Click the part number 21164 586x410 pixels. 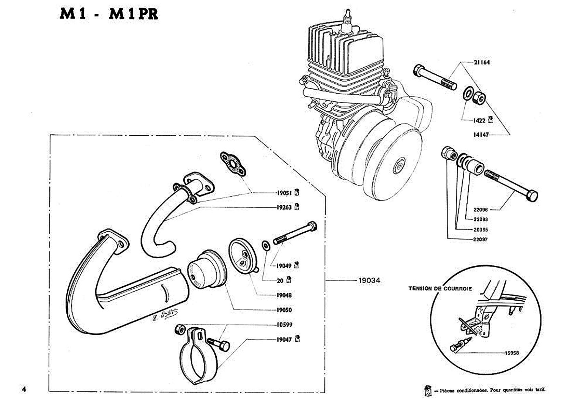point(481,62)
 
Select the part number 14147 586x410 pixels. point(481,135)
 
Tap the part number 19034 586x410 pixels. point(369,281)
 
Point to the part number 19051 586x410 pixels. point(284,193)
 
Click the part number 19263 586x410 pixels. point(284,207)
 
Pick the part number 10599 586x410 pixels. point(284,325)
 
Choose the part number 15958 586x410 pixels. point(511,353)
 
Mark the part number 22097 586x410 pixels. point(480,240)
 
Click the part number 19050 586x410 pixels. point(284,310)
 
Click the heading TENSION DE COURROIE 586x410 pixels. point(440,288)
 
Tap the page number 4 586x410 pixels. point(24,389)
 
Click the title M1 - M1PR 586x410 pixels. point(109,14)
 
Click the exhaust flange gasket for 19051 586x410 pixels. point(234,165)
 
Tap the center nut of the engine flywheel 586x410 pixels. point(399,167)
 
